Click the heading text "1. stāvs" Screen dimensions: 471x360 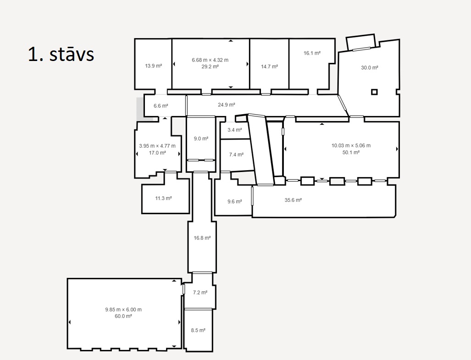click(x=61, y=54)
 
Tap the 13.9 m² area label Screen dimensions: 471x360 click(x=154, y=66)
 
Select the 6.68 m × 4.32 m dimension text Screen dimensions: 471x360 click(x=210, y=60)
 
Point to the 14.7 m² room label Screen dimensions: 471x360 click(x=270, y=66)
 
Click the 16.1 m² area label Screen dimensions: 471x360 click(x=312, y=53)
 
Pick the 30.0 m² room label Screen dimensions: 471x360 click(x=370, y=68)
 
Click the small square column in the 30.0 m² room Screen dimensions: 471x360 click(x=374, y=92)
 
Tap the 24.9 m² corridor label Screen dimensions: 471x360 click(x=227, y=105)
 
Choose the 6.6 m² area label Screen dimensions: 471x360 click(x=161, y=106)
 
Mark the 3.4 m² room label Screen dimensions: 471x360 click(x=235, y=130)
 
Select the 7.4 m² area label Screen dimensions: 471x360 click(x=236, y=155)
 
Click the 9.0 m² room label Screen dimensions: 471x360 click(x=201, y=138)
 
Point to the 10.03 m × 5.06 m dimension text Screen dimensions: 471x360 click(x=351, y=146)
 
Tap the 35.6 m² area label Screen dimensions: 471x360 click(x=293, y=200)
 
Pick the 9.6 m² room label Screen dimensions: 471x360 click(x=235, y=201)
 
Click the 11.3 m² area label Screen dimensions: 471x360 click(x=163, y=199)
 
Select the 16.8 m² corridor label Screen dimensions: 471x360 click(x=202, y=238)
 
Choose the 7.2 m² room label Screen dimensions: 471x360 click(x=200, y=293)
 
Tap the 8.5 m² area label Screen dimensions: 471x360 click(x=198, y=331)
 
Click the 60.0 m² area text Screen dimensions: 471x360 click(x=123, y=316)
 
